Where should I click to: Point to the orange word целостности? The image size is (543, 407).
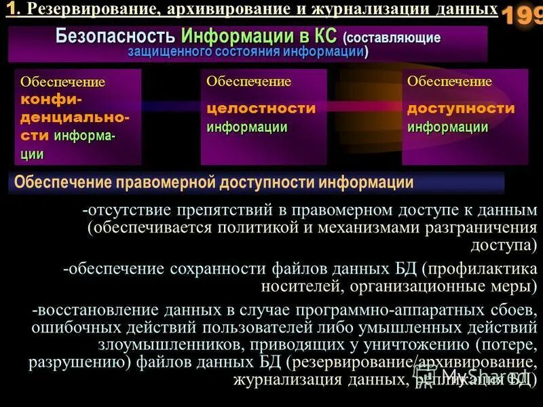(261, 109)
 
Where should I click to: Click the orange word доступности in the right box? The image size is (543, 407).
(461, 109)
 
